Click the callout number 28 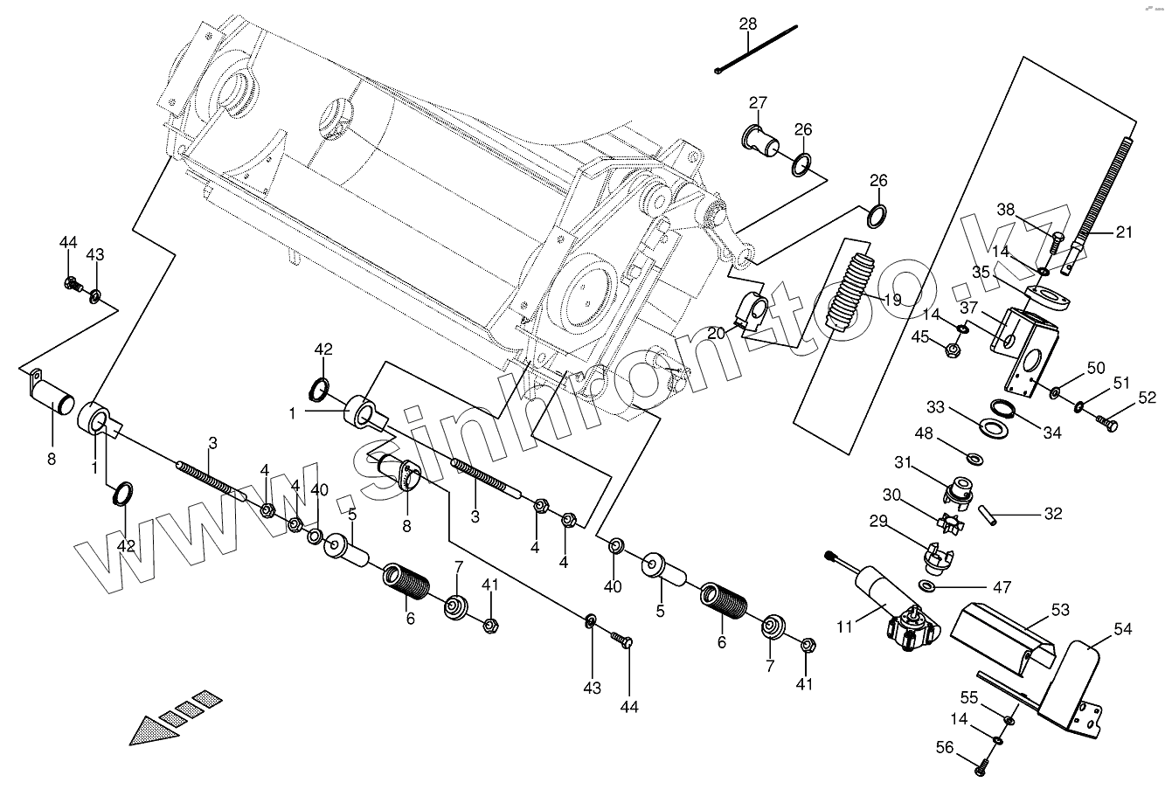tap(748, 24)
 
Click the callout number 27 tap(757, 102)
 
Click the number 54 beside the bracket tap(1122, 627)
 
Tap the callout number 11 tap(843, 626)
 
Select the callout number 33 tap(935, 407)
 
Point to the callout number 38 tap(1006, 210)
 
